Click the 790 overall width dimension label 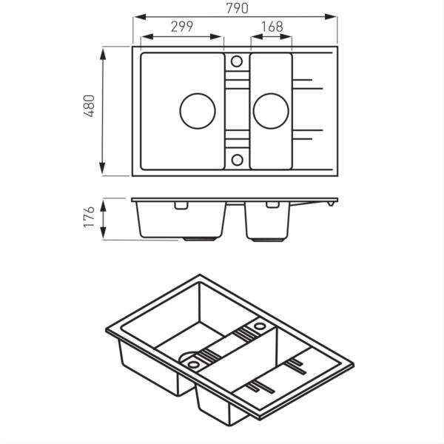tap(237, 8)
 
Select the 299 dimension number tap(182, 27)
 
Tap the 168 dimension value tap(272, 27)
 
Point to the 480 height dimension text tap(89, 106)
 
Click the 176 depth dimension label tap(89, 217)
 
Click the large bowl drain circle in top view tap(198, 111)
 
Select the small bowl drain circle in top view tap(271, 111)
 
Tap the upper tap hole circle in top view tap(237, 61)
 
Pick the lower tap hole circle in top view tap(237, 160)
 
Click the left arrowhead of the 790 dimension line tap(140, 17)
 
